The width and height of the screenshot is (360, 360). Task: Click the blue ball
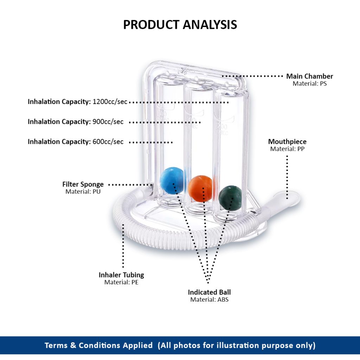[x=172, y=180]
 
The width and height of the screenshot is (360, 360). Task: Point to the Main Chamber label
[x=309, y=76]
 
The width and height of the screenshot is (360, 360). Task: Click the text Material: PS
[x=309, y=84]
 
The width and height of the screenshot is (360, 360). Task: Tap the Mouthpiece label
[x=287, y=142]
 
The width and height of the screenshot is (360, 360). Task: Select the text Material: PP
[x=287, y=149]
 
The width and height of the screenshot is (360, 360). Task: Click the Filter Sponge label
[x=83, y=184]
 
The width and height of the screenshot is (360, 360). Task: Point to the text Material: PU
[x=83, y=192]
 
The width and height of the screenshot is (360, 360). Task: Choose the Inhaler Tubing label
[x=121, y=275]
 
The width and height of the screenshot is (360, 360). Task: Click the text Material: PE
[x=121, y=282]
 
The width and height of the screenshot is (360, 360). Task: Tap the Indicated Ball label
[x=209, y=292]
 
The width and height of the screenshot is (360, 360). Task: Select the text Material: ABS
[x=209, y=300]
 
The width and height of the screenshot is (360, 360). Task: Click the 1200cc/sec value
[x=110, y=102]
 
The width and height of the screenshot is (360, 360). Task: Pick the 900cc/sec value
[x=108, y=122]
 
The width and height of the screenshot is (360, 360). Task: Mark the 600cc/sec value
[x=108, y=142]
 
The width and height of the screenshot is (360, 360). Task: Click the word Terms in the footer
[x=56, y=346]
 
